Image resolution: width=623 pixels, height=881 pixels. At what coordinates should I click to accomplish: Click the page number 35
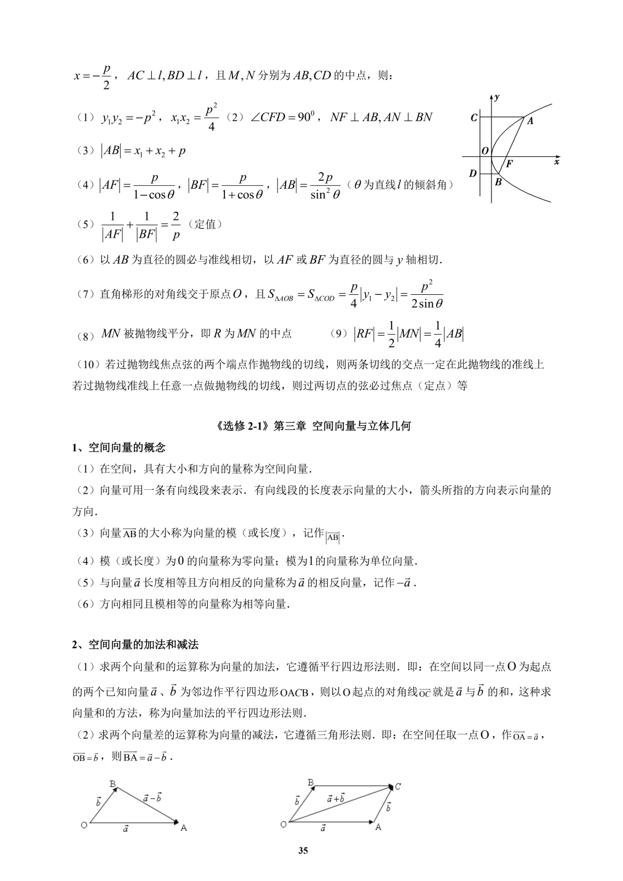tap(304, 850)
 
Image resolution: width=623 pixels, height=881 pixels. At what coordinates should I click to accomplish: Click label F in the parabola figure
tap(509, 164)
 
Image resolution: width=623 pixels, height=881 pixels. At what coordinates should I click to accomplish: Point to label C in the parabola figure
tap(474, 118)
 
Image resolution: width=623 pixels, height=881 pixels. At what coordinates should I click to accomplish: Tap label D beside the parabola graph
tap(473, 173)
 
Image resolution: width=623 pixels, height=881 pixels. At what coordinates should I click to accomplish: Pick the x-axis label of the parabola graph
tap(557, 163)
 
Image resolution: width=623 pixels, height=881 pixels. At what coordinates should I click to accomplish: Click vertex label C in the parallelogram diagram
tap(398, 786)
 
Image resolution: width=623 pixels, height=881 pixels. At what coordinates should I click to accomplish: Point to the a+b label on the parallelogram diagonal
tap(335, 799)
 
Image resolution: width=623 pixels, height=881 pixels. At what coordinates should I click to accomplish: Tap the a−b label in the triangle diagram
tap(152, 797)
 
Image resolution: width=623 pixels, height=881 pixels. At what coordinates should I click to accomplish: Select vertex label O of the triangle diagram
tap(84, 825)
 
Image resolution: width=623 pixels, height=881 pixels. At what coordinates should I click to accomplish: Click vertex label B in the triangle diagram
tap(113, 783)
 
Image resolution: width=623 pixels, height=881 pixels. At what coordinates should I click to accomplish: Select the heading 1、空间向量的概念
tap(119, 448)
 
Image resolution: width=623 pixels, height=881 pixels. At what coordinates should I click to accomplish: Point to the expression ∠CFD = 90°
tap(284, 118)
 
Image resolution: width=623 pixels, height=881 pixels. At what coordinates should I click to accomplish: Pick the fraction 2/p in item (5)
tap(176, 226)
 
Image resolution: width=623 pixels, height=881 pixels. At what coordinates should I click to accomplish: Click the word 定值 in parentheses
tap(205, 224)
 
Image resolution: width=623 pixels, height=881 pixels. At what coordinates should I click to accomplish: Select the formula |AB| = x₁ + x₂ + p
tap(144, 151)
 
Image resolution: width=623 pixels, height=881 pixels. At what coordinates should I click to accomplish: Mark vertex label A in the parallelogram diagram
tap(378, 827)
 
